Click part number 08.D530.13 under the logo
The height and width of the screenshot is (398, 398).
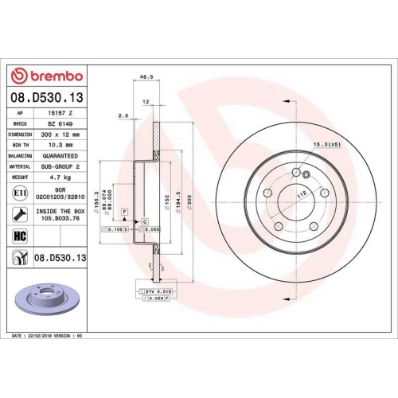point(47,97)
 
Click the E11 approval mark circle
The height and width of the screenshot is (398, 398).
point(18,192)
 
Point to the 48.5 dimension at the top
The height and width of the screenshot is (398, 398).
point(146,78)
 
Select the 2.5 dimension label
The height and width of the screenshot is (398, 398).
point(123,116)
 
